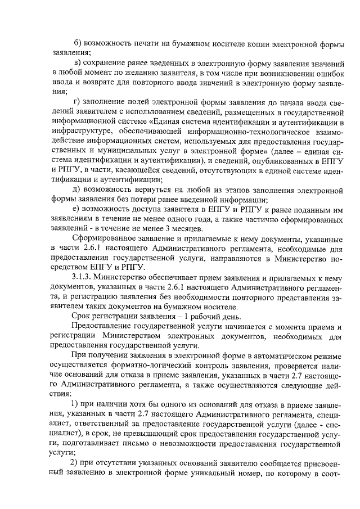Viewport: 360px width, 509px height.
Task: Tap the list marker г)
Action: click(x=77, y=101)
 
